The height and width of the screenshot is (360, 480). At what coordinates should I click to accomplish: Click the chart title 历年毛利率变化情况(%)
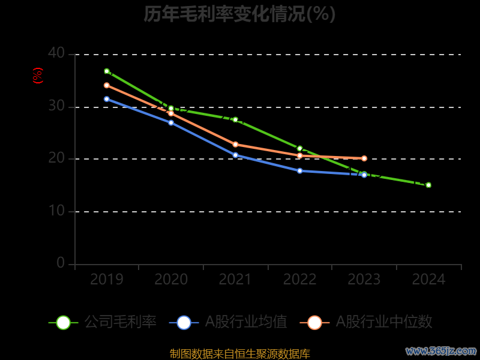point(239,14)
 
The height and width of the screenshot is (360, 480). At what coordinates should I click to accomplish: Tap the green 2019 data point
point(107,71)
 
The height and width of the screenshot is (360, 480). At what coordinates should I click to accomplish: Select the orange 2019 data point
point(107,85)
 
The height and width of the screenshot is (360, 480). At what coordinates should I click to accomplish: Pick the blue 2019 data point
point(107,99)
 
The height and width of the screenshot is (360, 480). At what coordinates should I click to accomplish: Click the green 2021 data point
point(235,120)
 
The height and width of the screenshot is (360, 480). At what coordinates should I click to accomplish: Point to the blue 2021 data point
point(235,155)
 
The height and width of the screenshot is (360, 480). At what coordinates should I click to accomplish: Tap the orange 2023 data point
point(364,158)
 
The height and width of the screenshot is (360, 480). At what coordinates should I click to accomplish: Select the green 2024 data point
point(428,185)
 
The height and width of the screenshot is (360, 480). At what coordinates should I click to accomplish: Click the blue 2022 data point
point(300,171)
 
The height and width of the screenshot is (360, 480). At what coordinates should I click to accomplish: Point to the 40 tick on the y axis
point(56,53)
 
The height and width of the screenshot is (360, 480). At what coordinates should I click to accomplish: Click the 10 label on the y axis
point(56,211)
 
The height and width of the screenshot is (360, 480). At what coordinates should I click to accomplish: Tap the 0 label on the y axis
point(61,263)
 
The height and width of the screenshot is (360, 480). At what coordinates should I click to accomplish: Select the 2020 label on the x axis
point(171,280)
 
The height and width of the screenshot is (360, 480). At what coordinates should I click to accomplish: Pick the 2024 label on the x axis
point(428,280)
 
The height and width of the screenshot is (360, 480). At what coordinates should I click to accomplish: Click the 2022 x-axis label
point(300,280)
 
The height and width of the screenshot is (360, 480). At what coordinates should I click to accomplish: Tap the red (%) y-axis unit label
point(38,76)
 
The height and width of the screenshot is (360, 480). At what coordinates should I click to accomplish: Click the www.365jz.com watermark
point(441,350)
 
